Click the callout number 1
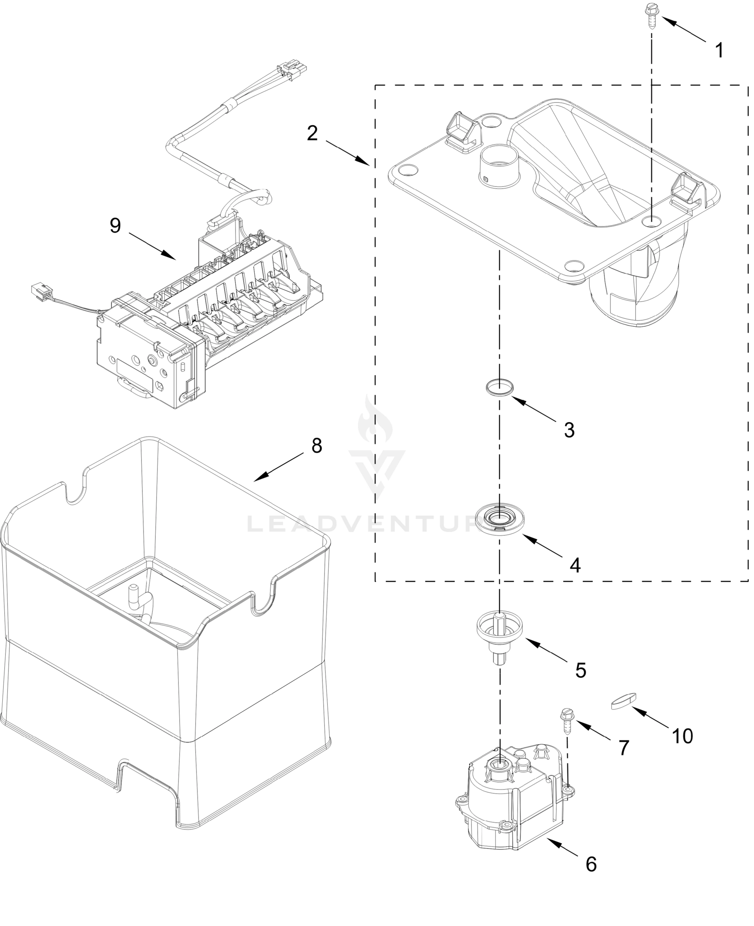(x=719, y=51)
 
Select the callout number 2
(x=312, y=133)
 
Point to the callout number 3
(x=569, y=430)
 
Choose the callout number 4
(x=575, y=565)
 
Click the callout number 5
(x=581, y=670)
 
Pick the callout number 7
(x=623, y=747)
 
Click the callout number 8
(x=317, y=446)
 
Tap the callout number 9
(x=115, y=226)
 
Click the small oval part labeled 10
(x=623, y=701)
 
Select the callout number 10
(x=682, y=736)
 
